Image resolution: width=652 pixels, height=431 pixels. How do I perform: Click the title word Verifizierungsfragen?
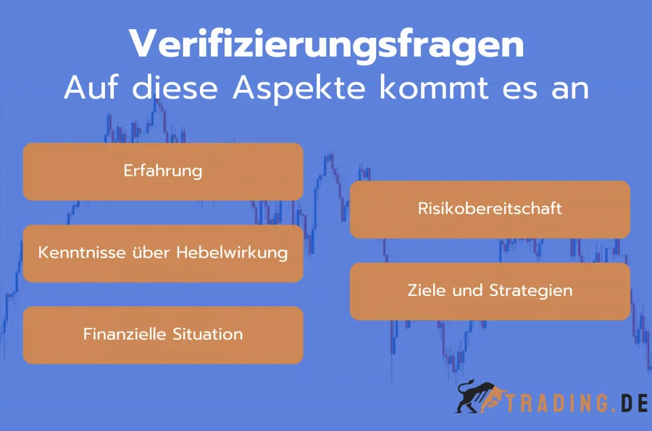(x=326, y=45)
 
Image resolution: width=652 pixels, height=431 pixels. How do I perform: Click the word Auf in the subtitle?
(x=88, y=89)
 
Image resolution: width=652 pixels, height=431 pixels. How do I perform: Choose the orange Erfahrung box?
(x=163, y=171)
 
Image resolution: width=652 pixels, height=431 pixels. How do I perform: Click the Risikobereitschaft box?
(x=490, y=209)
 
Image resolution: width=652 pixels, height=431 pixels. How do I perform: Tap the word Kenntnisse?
(x=76, y=253)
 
